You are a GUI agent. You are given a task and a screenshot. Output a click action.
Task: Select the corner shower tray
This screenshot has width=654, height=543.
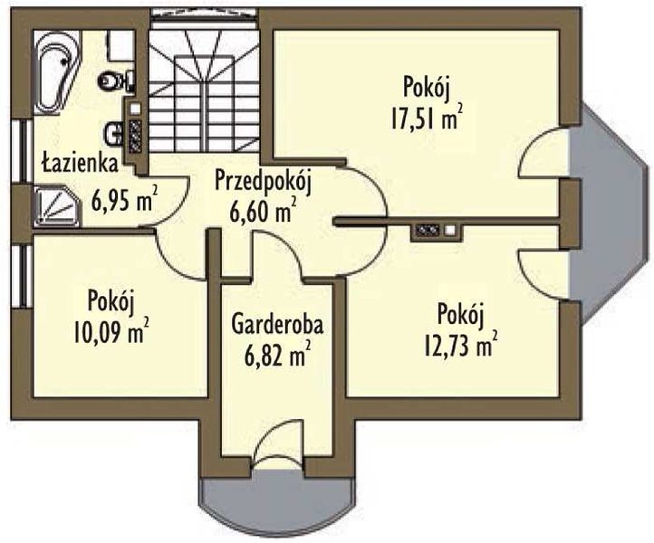56,206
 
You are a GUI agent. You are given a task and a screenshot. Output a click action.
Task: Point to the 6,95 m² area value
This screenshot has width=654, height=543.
124,201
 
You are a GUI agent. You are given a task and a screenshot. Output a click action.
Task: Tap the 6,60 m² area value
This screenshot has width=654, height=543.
263,211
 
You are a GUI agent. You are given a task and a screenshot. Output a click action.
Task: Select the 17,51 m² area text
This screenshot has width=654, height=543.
427,118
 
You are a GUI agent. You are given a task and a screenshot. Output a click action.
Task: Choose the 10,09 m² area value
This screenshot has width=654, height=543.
111,331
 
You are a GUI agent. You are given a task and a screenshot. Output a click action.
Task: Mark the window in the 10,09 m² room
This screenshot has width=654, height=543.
22,277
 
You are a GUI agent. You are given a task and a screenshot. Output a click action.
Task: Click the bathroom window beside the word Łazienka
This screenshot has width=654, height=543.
22,151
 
